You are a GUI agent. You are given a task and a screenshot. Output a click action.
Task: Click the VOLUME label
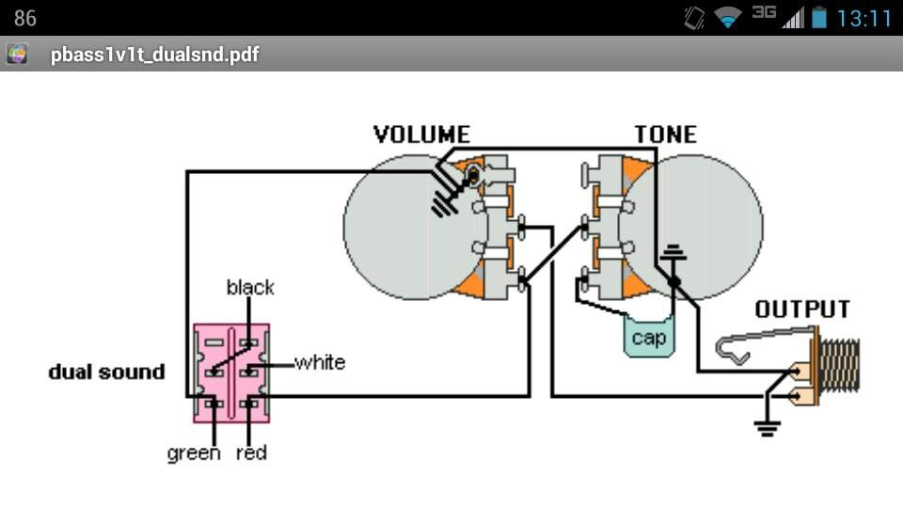(421, 135)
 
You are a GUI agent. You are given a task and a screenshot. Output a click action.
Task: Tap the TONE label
(666, 135)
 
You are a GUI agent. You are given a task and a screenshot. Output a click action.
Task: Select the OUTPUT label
(802, 310)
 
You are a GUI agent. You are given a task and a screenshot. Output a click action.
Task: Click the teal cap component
(648, 337)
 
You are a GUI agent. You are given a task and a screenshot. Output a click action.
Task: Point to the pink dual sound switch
(231, 373)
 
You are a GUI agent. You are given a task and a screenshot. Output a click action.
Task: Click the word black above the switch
(250, 288)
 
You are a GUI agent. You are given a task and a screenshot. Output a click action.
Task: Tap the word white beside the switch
(320, 362)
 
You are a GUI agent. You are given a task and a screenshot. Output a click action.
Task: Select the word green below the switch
(194, 453)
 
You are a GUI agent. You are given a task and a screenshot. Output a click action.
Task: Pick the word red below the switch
(251, 452)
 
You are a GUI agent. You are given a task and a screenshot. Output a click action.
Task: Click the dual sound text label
(106, 373)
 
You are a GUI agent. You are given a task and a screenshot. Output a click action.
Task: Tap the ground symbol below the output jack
(768, 429)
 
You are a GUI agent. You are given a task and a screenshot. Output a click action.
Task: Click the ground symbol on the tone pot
(673, 252)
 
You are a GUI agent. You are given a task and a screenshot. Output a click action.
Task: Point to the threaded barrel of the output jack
(839, 367)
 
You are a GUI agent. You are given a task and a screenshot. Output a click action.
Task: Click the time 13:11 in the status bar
(863, 19)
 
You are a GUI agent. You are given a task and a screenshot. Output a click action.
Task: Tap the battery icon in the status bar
(819, 18)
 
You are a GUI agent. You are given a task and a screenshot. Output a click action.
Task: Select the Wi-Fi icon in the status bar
(728, 19)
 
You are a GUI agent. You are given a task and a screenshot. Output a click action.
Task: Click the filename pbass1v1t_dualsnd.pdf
(155, 55)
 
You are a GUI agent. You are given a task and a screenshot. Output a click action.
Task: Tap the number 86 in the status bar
(24, 19)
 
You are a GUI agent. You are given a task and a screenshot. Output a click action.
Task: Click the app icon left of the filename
(17, 55)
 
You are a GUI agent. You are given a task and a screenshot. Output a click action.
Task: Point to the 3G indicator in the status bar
(764, 12)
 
